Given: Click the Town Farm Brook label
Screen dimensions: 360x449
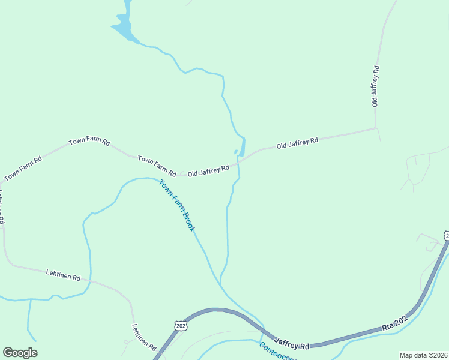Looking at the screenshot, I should point(178,206).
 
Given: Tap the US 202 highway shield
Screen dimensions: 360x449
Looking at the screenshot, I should point(181,325).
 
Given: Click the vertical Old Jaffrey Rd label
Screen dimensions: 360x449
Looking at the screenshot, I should point(376,86).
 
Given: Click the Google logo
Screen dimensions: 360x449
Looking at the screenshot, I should point(20,353).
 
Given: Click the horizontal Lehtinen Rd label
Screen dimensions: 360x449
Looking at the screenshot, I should point(63,275).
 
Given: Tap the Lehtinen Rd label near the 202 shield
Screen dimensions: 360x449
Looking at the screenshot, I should point(144,337).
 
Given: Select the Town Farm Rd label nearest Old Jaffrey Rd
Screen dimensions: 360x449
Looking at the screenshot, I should point(157,166).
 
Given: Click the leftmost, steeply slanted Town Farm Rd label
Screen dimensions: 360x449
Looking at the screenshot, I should point(23,169).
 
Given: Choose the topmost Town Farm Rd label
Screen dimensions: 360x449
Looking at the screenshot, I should point(89,142).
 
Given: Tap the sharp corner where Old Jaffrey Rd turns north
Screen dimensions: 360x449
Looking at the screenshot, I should point(376,128).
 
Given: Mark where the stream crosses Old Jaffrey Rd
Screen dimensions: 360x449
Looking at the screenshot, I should point(240,161).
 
